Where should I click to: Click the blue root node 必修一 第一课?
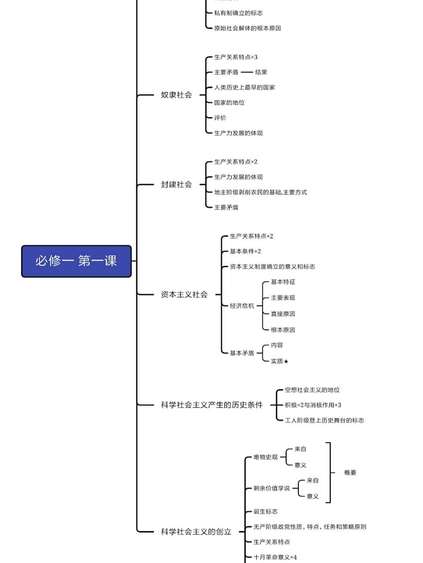coord(76,261)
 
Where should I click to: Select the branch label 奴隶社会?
coord(176,95)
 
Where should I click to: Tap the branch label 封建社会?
coord(176,184)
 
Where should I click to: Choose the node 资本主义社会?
coord(184,294)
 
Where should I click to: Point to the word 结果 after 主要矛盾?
coord(261,72)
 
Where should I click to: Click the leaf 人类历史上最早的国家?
coord(244,88)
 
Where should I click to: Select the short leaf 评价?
coord(220,118)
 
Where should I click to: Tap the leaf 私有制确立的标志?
coord(238,13)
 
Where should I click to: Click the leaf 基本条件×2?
coord(245,251)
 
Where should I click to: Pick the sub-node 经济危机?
coord(242,306)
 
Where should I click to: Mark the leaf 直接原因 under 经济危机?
coord(283,314)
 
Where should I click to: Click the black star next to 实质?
coord(286,362)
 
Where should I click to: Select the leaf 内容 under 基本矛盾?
coord(277,345)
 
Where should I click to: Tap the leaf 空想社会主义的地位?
coord(312,390)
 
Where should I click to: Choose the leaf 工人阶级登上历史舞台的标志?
coord(324,420)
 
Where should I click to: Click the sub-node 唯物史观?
coord(265,457)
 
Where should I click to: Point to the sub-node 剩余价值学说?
coord(272,488)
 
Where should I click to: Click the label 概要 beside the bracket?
coord(350,473)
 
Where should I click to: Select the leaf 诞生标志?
coord(265,512)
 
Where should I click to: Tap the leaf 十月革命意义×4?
coord(275,557)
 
